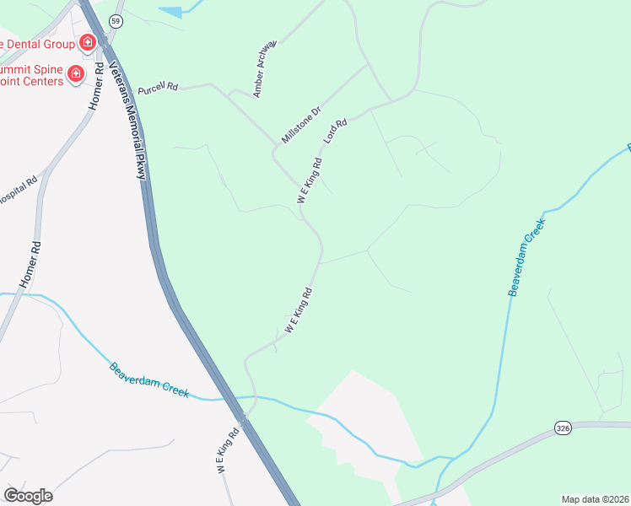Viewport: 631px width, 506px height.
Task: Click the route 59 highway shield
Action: (x=116, y=21)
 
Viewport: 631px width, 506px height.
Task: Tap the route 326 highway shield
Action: (x=563, y=429)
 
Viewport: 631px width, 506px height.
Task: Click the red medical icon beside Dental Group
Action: (x=86, y=41)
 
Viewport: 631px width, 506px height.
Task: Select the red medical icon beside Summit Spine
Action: (x=76, y=74)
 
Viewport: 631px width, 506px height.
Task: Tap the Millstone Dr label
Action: (x=301, y=124)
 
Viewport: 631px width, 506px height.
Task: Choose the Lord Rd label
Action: (x=336, y=130)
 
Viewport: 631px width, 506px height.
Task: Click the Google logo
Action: (x=28, y=496)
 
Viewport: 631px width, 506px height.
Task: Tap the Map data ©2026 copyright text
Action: (x=595, y=498)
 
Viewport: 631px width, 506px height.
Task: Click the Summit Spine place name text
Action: (x=32, y=75)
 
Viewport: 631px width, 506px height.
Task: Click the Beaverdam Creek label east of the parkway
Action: (x=527, y=256)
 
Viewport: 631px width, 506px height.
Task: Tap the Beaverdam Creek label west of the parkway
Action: (x=148, y=380)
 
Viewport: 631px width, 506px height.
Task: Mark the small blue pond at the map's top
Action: (x=171, y=12)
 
